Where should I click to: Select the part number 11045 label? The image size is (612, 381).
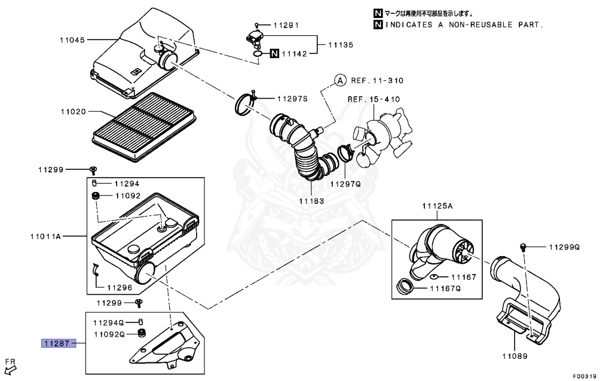(x=72, y=40)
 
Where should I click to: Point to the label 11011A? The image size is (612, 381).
(x=46, y=236)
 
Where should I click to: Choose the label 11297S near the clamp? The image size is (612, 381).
(x=291, y=98)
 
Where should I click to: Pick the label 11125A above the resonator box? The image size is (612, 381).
(x=437, y=206)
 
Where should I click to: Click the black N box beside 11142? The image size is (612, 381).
(x=274, y=54)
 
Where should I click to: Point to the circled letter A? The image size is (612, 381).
(x=339, y=80)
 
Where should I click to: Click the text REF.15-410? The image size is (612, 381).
(x=374, y=99)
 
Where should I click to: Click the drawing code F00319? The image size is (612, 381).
(x=585, y=376)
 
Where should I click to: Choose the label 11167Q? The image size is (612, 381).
(x=446, y=288)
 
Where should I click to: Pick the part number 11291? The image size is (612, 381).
(x=286, y=26)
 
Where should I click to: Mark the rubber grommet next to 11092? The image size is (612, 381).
(x=94, y=196)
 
